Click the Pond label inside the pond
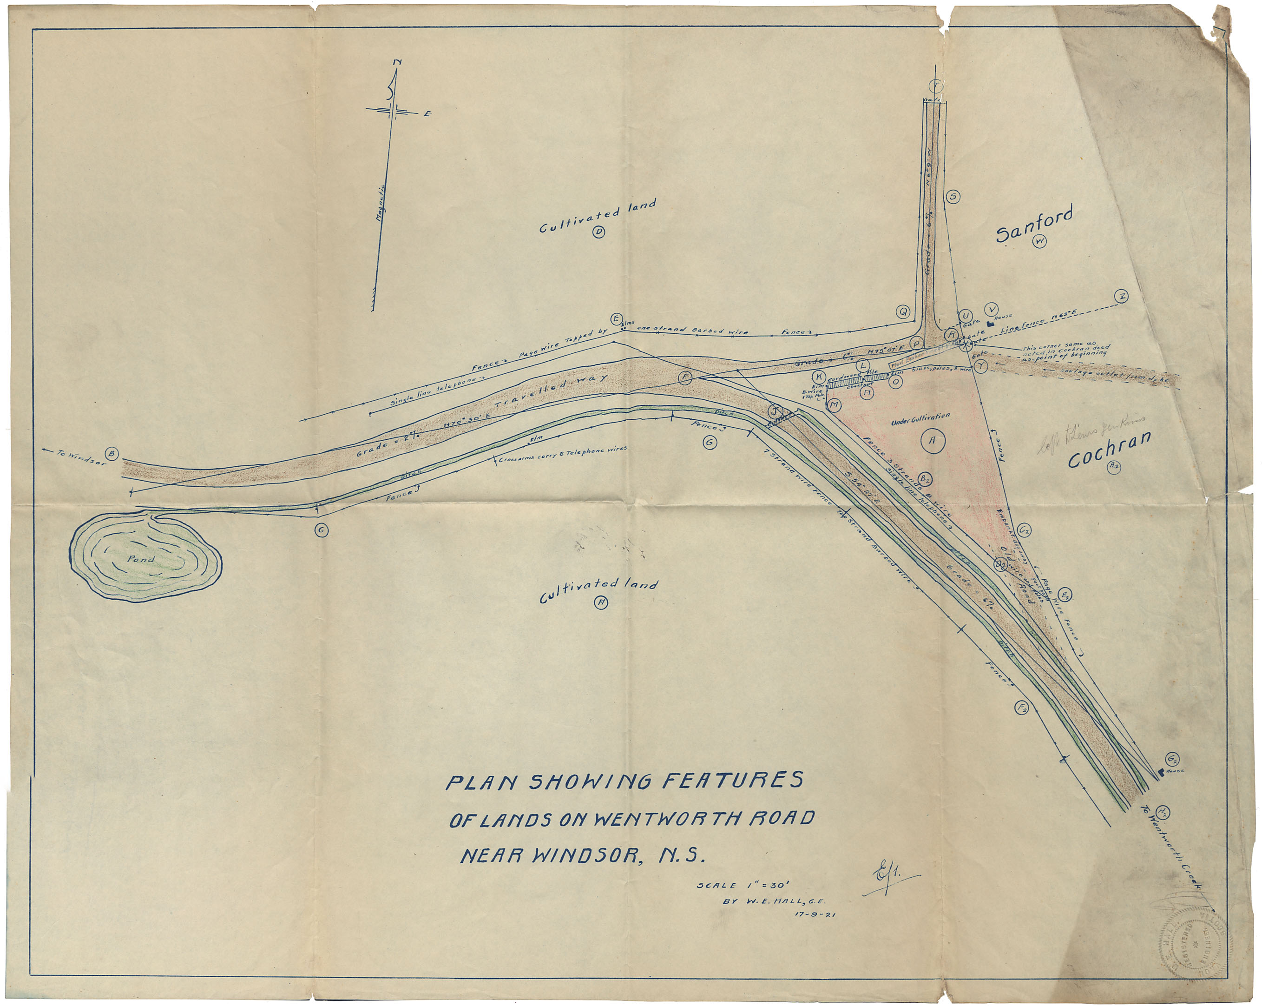coord(142,559)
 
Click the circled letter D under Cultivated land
coord(599,232)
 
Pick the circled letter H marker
coord(601,602)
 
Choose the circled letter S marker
coord(953,197)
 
